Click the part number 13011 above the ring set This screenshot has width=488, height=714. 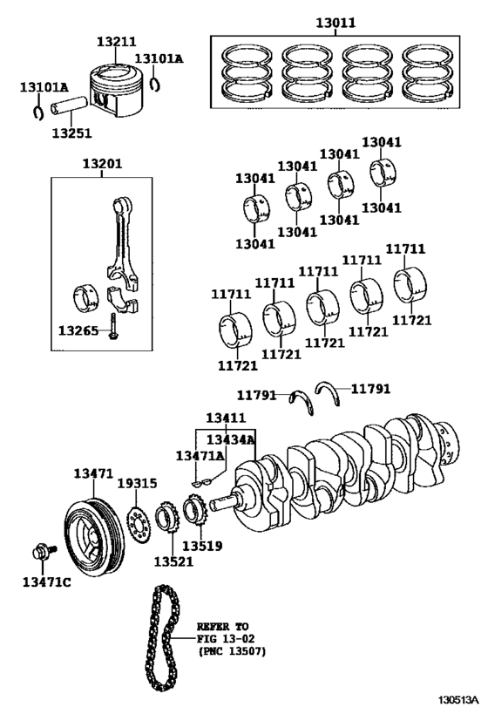coord(336,23)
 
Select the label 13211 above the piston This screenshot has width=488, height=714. coord(116,42)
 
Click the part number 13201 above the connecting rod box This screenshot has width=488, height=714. coord(102,164)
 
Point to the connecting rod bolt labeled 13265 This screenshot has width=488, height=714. coord(112,326)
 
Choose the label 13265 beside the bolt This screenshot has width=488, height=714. coord(78,330)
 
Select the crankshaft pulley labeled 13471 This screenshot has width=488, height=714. coord(93,537)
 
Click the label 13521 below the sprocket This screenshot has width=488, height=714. coord(173,561)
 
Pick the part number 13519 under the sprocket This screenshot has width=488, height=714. coord(202,545)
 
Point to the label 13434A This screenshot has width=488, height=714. coord(230,439)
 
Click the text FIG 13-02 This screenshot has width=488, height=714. coord(226,638)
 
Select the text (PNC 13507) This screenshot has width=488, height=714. coord(231,651)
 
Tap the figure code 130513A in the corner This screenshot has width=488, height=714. coord(459,699)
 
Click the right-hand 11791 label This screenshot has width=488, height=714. coord(370,389)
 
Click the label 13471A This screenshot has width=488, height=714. coord(200,455)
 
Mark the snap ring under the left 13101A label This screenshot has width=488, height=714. coord(39,112)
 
